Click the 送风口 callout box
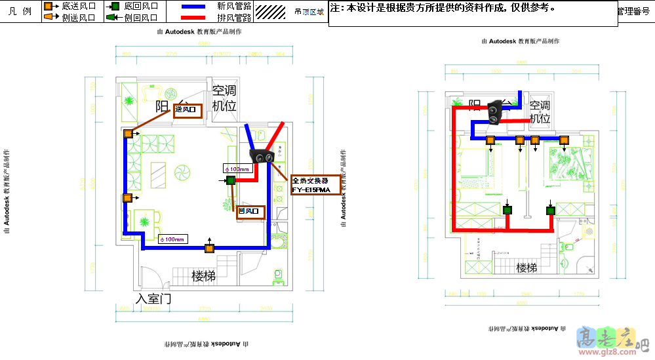click(188, 111)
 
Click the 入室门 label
click(153, 299)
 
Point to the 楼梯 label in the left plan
click(203, 276)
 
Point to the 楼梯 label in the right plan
click(526, 268)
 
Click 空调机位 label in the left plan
click(224, 98)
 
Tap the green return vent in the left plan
click(231, 180)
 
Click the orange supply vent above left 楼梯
click(209, 248)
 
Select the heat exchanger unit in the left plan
click(264, 157)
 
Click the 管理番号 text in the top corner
click(635, 11)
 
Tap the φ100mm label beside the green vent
click(237, 169)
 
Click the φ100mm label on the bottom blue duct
click(172, 239)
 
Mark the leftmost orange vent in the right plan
click(490, 140)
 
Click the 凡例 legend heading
click(20, 12)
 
